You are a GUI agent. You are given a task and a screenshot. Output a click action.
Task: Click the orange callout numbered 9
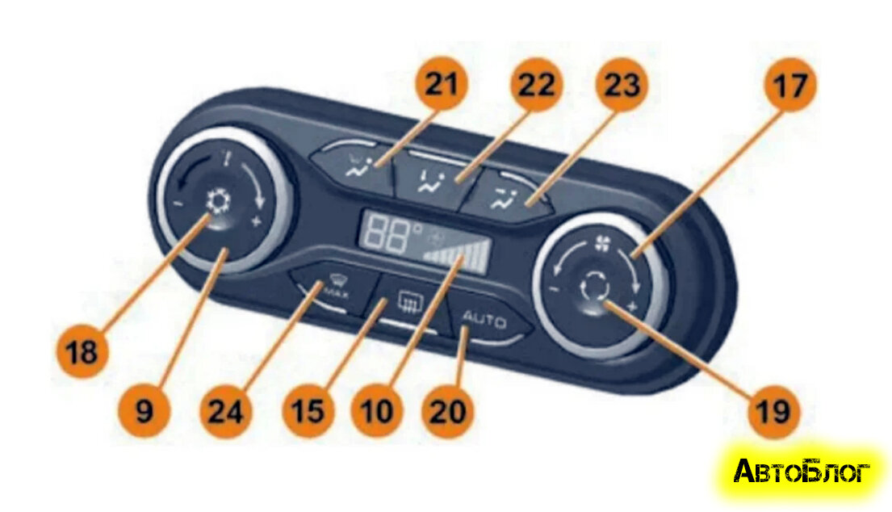point(144,412)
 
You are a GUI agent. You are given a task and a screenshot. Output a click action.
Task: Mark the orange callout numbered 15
point(308,412)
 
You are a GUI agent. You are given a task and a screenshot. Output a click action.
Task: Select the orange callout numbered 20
point(449,412)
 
